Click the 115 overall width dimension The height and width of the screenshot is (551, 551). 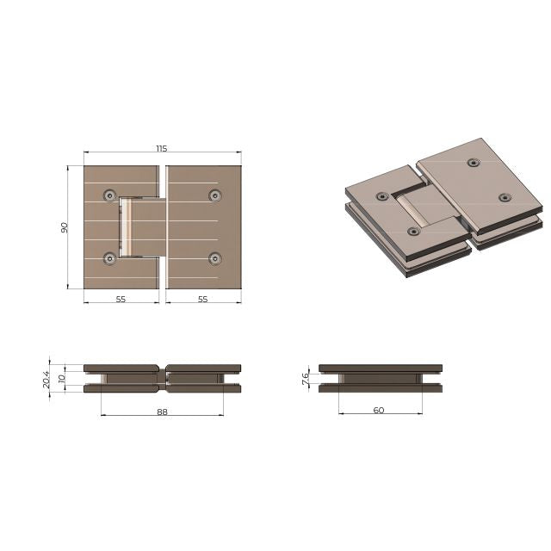pos(162,149)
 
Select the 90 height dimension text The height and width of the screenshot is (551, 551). pos(64,227)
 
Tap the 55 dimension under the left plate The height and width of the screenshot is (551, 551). pos(121,299)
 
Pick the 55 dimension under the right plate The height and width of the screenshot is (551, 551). pos(203,299)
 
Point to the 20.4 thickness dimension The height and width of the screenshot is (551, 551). pos(47,378)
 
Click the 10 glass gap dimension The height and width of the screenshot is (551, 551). pos(61,378)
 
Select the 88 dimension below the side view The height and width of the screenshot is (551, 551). pos(162,412)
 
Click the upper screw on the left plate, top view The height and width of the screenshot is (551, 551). pos(109,195)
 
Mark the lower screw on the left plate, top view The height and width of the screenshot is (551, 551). pos(109,257)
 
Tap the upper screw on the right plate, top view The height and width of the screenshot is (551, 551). pos(214,195)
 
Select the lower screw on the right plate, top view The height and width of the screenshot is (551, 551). pos(214,257)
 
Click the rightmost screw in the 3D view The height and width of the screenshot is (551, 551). pos(505,197)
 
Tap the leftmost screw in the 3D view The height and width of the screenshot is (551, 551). pos(382,197)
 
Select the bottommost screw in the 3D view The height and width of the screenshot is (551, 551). pos(414,231)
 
